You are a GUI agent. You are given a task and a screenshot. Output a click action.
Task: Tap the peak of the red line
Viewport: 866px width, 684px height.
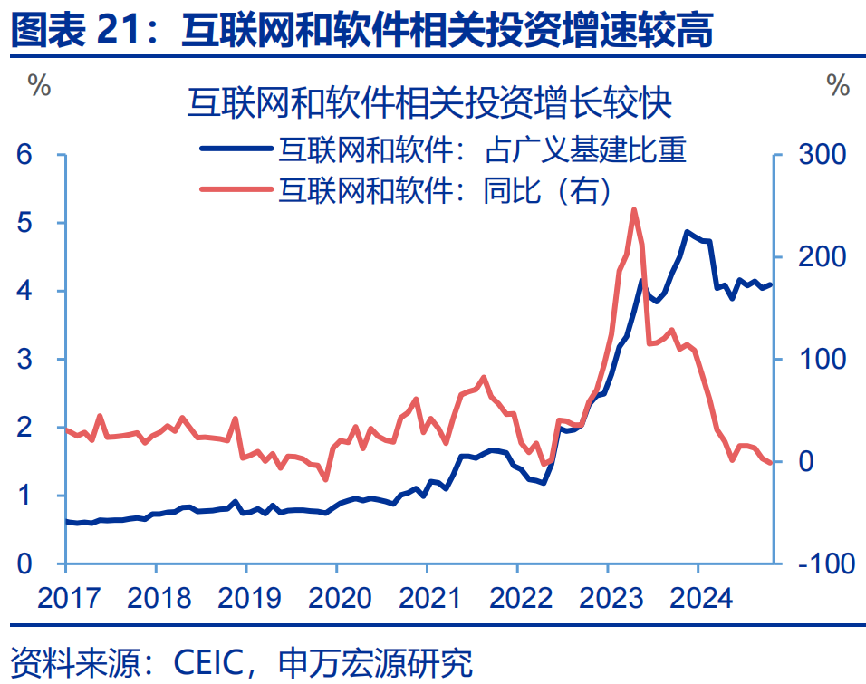click(x=634, y=209)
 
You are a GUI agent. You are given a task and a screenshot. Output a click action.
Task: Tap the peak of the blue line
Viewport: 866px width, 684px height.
click(x=688, y=232)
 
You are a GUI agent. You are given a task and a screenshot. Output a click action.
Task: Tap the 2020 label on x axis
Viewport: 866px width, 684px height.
click(x=336, y=598)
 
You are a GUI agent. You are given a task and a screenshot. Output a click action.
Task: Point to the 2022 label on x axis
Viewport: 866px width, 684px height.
click(x=517, y=598)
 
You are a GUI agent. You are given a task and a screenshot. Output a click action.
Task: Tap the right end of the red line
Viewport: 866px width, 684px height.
click(x=771, y=463)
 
